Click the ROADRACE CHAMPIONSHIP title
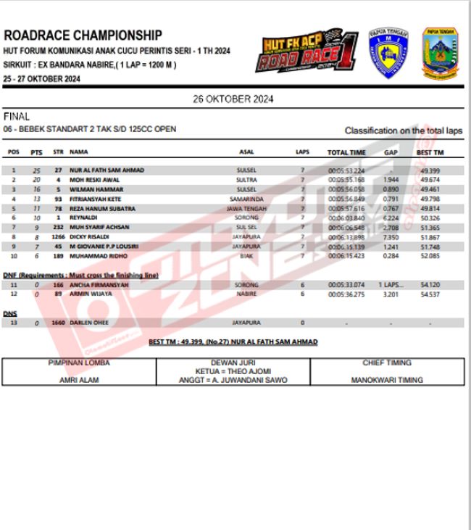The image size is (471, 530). [83, 36]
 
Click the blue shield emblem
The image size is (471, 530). [388, 53]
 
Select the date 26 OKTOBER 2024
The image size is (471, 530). [233, 99]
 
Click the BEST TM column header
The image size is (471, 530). [430, 153]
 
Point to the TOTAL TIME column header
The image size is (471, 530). [346, 153]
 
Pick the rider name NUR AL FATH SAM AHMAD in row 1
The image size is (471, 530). [107, 170]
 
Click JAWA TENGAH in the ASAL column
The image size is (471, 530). [246, 208]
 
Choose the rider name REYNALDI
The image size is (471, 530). [85, 218]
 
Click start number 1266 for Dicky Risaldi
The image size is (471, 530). [58, 236]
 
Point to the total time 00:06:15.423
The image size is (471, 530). [346, 256]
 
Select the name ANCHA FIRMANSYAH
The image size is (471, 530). [99, 285]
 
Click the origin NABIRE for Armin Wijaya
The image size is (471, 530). [246, 294]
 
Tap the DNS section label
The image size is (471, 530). [10, 314]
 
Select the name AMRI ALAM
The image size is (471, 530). [79, 379]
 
